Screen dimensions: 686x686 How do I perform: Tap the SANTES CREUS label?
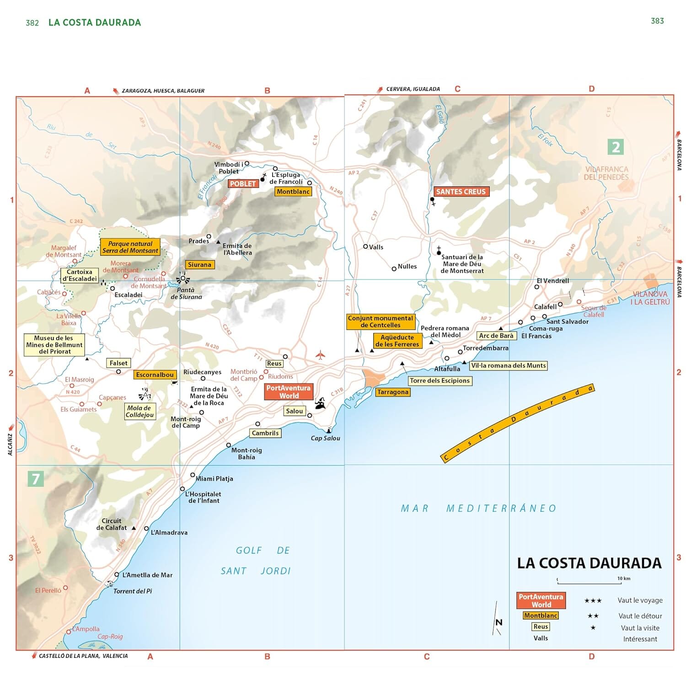pyautogui.click(x=461, y=192)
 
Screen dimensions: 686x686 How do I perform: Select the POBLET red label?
pyautogui.click(x=243, y=183)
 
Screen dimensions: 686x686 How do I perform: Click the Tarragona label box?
pyautogui.click(x=392, y=392)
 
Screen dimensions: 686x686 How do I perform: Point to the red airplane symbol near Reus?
pyautogui.click(x=320, y=355)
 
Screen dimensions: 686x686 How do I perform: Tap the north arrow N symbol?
pyautogui.click(x=498, y=622)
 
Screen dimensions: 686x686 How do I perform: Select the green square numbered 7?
pyautogui.click(x=36, y=479)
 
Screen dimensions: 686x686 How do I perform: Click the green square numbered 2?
pyautogui.click(x=616, y=147)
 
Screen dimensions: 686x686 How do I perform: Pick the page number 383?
pyautogui.click(x=657, y=21)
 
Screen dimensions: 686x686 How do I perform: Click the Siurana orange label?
pyautogui.click(x=199, y=264)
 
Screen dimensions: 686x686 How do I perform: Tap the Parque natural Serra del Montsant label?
pyautogui.click(x=130, y=247)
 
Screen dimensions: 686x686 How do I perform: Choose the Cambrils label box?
pyautogui.click(x=265, y=433)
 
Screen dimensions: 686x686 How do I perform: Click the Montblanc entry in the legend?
pyautogui.click(x=541, y=616)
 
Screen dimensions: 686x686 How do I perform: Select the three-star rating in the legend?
pyautogui.click(x=593, y=600)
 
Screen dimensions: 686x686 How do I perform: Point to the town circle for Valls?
pyautogui.click(x=365, y=247)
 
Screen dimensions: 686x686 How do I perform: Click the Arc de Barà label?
pyautogui.click(x=496, y=336)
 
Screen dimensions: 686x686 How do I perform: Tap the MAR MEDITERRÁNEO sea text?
pyautogui.click(x=478, y=508)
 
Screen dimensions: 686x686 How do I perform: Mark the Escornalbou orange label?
pyautogui.click(x=155, y=375)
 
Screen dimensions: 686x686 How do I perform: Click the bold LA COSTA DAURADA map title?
pyautogui.click(x=589, y=563)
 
